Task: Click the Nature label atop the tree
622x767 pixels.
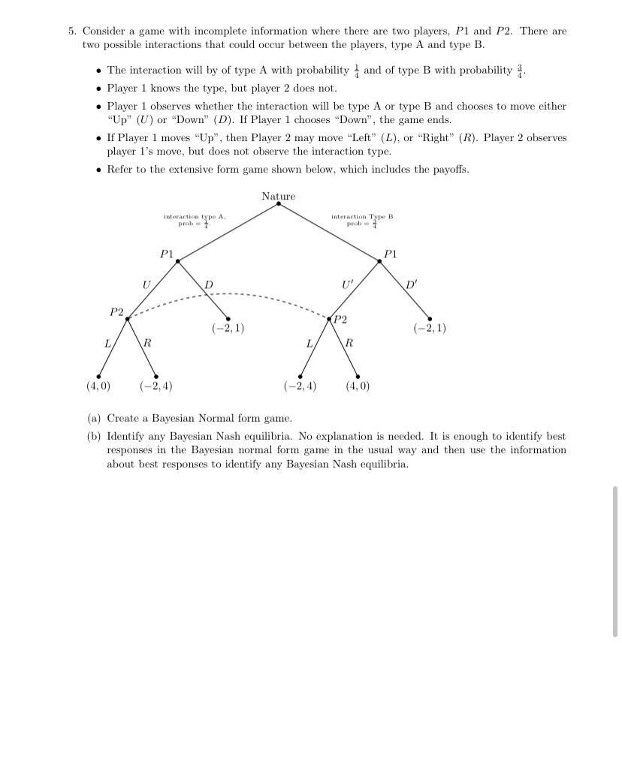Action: pyautogui.click(x=279, y=197)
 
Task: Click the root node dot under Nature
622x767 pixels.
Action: pyautogui.click(x=279, y=203)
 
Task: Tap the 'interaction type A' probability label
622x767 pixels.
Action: pyautogui.click(x=195, y=220)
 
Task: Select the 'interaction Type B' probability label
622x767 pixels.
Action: pyautogui.click(x=362, y=220)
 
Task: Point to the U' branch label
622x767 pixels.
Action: pyautogui.click(x=346, y=284)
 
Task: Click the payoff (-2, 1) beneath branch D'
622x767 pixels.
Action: pyautogui.click(x=430, y=328)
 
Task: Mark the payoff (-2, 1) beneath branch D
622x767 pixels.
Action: pyautogui.click(x=228, y=328)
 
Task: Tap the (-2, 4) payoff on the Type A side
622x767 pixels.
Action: pyautogui.click(x=155, y=387)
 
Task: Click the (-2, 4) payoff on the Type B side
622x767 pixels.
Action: pyautogui.click(x=300, y=387)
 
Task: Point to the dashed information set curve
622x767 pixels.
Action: pyautogui.click(x=233, y=294)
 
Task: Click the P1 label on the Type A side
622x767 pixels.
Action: pyautogui.click(x=167, y=254)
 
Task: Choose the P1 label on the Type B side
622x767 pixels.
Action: pyautogui.click(x=390, y=254)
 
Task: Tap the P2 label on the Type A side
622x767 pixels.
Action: pyautogui.click(x=116, y=311)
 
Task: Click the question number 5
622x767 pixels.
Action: pyautogui.click(x=71, y=32)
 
